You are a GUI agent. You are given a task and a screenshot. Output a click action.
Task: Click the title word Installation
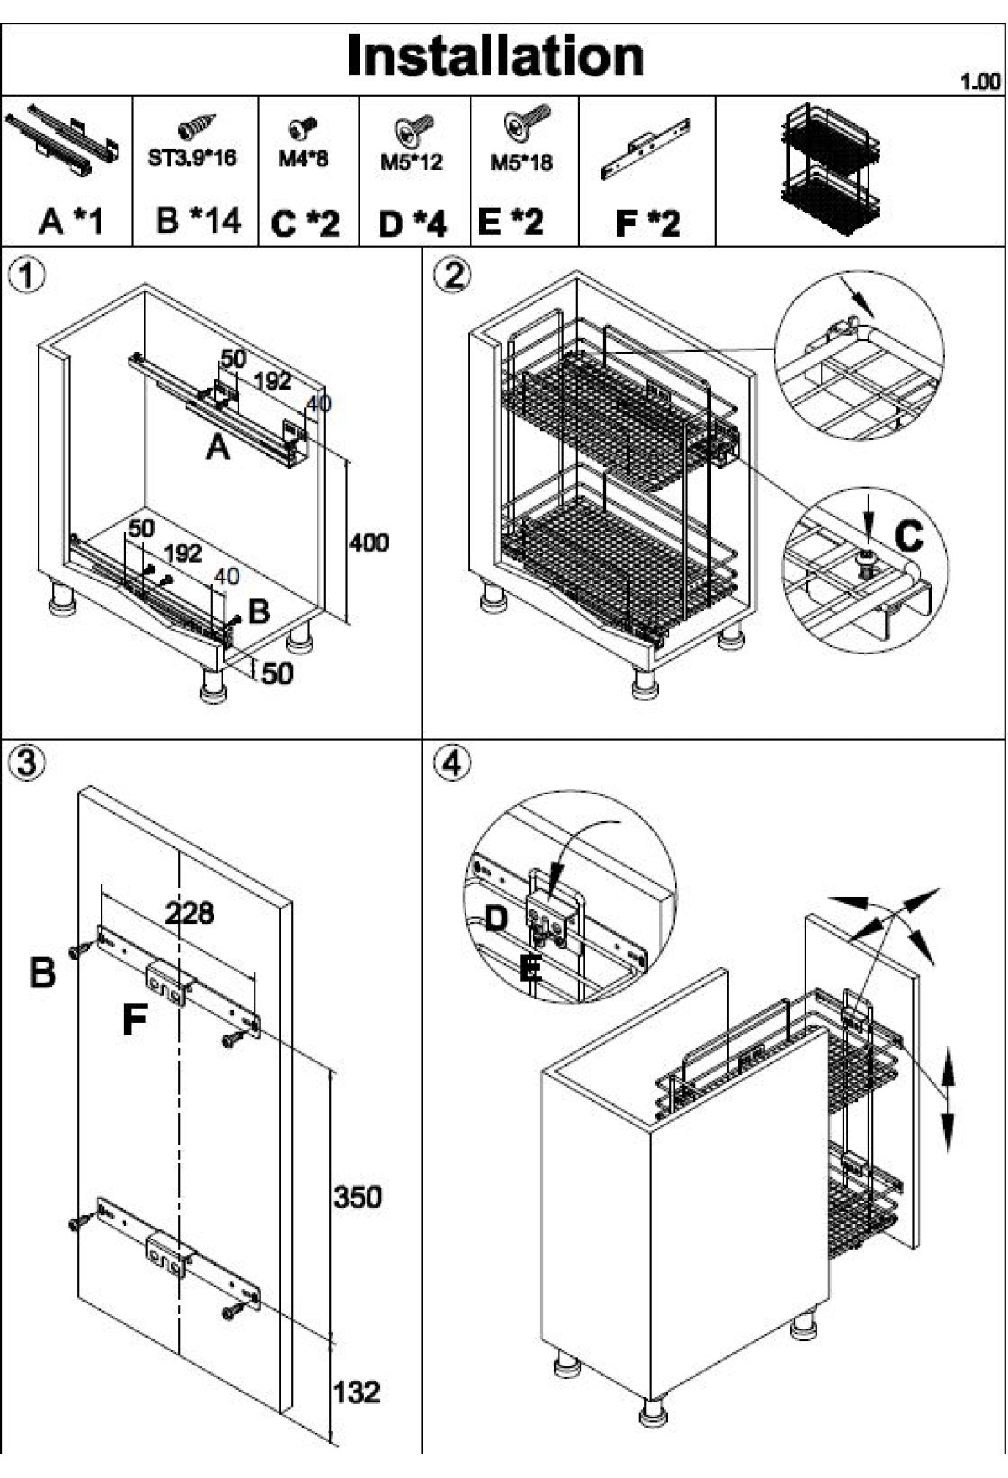pos(495,56)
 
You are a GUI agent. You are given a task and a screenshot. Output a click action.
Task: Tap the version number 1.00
pos(980,81)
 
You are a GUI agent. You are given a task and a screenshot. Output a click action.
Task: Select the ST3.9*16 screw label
pos(192,158)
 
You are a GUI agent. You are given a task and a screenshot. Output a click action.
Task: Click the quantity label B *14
pos(198,221)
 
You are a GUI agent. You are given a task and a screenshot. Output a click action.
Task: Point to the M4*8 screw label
pos(303,159)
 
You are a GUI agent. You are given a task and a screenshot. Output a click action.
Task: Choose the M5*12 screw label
pos(411,161)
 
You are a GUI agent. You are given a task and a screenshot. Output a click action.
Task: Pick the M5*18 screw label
pos(522,161)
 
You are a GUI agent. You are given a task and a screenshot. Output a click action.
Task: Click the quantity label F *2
pos(648,223)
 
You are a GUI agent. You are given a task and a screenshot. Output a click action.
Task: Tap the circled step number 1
pos(28,275)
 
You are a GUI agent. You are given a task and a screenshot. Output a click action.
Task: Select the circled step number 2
pos(454,275)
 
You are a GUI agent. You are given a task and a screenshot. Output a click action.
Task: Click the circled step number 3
pos(28,763)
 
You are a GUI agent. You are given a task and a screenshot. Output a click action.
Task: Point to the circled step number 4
pos(454,763)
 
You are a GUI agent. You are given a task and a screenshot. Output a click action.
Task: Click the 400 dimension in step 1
pos(370,542)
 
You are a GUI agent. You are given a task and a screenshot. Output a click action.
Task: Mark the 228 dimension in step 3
pos(189,913)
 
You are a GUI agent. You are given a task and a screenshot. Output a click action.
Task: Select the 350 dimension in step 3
pos(357,1197)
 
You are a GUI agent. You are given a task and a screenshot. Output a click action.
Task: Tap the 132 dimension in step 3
pos(356,1392)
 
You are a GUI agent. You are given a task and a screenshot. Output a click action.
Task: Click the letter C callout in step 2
pos(908,535)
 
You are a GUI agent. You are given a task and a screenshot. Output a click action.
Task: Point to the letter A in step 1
pos(218,448)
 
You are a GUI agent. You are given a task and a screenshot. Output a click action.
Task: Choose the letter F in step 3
pos(134,1020)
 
